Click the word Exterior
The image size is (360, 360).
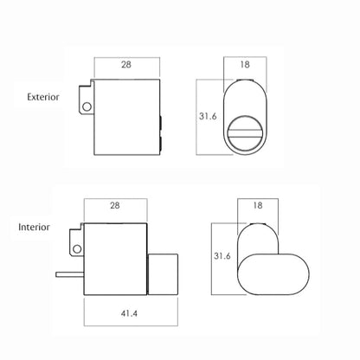point(43,97)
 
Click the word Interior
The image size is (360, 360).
point(34,227)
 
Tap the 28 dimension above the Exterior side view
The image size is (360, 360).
point(126,65)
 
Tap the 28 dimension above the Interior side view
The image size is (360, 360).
point(115,205)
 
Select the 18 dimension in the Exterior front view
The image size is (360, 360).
point(245,65)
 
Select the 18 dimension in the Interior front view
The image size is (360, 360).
point(258,205)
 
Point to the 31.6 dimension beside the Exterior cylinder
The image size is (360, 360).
point(208,116)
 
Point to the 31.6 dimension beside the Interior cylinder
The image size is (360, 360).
point(222,256)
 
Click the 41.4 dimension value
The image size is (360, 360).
point(129,313)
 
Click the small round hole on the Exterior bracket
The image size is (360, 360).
point(87,106)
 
